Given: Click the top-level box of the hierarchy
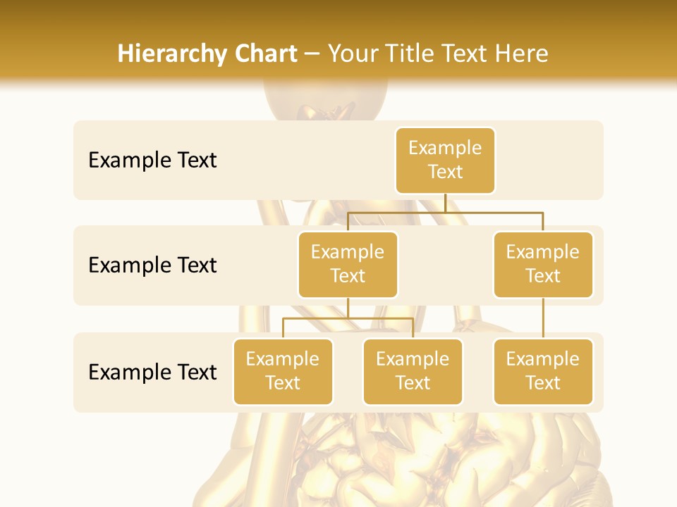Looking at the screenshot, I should pyautogui.click(x=445, y=160).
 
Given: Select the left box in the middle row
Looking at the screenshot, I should pyautogui.click(x=348, y=264).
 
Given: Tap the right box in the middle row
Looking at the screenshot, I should pyautogui.click(x=543, y=264).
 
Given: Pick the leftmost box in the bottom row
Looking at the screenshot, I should pyautogui.click(x=283, y=371).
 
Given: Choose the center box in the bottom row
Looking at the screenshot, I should pyautogui.click(x=413, y=371).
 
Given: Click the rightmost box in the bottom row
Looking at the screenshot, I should pyautogui.click(x=543, y=371).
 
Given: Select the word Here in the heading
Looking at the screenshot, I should pyautogui.click(x=522, y=54).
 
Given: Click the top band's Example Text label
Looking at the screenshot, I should pyautogui.click(x=152, y=160).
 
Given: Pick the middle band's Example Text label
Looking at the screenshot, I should pyautogui.click(x=152, y=265).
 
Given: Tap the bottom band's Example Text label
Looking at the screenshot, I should pyautogui.click(x=152, y=372).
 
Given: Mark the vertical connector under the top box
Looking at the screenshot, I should pyautogui.click(x=445, y=203).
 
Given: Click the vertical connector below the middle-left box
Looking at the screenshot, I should pyautogui.click(x=348, y=308).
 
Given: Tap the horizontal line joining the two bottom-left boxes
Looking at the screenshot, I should pyautogui.click(x=348, y=318).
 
